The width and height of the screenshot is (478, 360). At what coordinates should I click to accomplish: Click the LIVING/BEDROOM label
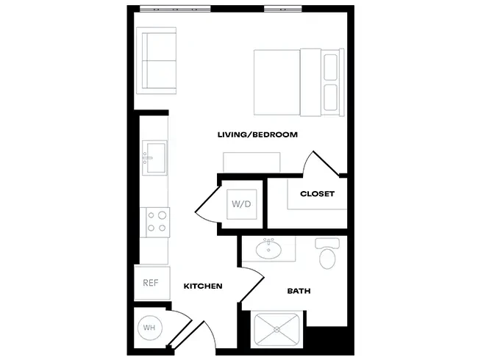tap(257, 134)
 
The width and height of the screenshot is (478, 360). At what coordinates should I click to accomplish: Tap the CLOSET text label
tap(317, 194)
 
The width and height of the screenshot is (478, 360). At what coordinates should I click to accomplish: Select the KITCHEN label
tap(203, 286)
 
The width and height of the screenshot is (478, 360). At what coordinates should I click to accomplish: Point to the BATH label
tap(299, 291)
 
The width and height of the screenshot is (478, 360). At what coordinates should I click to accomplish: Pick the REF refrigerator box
tap(151, 283)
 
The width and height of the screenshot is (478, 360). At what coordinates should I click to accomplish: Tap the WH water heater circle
tap(149, 328)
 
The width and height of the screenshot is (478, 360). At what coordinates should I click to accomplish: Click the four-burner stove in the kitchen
tap(157, 221)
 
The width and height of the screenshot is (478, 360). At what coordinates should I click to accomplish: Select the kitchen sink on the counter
tap(154, 157)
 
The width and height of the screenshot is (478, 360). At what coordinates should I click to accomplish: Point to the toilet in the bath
tap(326, 253)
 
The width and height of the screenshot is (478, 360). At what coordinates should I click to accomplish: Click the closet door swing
tap(321, 163)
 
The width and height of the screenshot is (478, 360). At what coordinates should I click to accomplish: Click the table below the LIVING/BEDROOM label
tap(252, 162)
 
